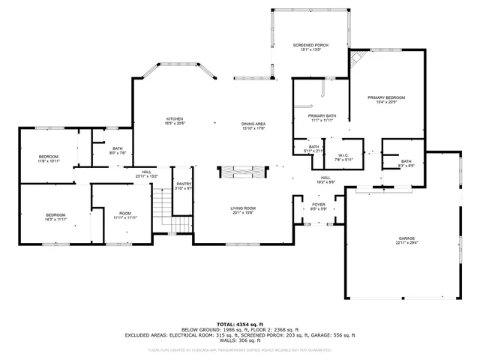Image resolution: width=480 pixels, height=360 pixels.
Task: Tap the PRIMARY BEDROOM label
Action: tap(386, 97)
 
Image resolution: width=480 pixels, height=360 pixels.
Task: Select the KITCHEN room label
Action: tap(175, 118)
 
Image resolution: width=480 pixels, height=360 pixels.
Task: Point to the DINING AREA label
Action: tap(254, 124)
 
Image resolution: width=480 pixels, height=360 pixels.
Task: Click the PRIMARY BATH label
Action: tap(322, 115)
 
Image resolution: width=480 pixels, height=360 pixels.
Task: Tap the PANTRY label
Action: tap(184, 184)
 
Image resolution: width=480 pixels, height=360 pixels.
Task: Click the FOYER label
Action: tap(318, 205)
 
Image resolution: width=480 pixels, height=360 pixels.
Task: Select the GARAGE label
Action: tap(407, 238)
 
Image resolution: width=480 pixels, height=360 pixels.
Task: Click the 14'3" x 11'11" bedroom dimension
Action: tap(57, 220)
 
